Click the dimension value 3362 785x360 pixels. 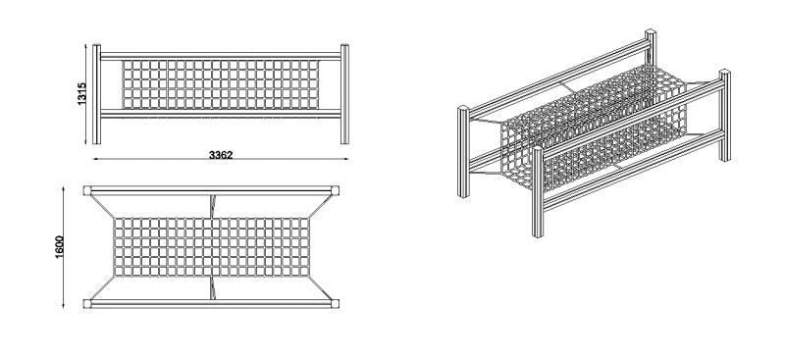(x=221, y=155)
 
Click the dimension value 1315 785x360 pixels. (x=82, y=93)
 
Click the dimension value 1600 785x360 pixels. (x=60, y=247)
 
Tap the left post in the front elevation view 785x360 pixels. (x=96, y=94)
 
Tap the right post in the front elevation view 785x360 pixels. (x=344, y=94)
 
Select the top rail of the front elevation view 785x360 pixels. (x=220, y=56)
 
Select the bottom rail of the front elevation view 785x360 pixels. (x=220, y=114)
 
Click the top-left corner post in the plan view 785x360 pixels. (x=87, y=190)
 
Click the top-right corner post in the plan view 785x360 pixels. (x=335, y=190)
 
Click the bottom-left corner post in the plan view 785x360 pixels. (x=87, y=303)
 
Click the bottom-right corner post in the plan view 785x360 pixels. (x=335, y=303)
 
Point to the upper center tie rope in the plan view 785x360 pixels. (x=212, y=206)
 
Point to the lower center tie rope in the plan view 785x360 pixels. (x=212, y=287)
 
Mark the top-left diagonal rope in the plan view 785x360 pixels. (x=103, y=206)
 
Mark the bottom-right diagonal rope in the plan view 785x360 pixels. (x=321, y=287)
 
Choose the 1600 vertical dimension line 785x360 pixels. (x=63, y=247)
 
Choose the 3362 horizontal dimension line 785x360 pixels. (x=221, y=159)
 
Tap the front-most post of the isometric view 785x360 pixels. (x=538, y=191)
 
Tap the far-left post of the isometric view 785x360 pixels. (x=463, y=151)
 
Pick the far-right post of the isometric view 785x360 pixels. (x=724, y=116)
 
